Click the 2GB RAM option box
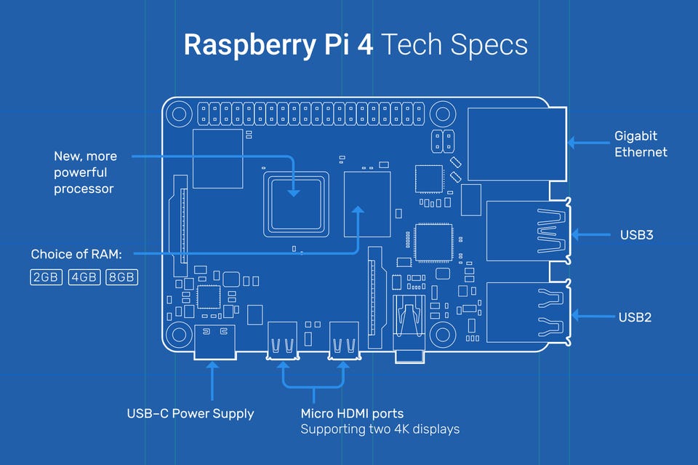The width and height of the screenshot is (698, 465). (x=47, y=277)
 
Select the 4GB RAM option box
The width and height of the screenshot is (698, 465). (x=84, y=277)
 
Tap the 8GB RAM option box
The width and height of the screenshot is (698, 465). (x=121, y=277)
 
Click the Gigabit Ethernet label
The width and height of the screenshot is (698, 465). (x=641, y=143)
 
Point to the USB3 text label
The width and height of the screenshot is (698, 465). (x=635, y=235)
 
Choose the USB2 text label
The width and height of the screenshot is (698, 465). (x=635, y=317)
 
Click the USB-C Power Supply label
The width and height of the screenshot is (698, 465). (x=190, y=413)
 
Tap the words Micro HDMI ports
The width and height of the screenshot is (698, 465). (x=352, y=413)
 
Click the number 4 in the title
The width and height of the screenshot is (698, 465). (x=365, y=44)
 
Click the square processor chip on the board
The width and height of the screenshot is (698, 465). (x=295, y=201)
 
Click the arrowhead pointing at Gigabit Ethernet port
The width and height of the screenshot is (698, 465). (x=571, y=143)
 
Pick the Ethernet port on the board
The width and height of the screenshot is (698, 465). (x=517, y=144)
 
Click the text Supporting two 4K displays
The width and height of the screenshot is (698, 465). (x=380, y=429)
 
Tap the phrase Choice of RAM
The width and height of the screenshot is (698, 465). (x=76, y=255)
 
